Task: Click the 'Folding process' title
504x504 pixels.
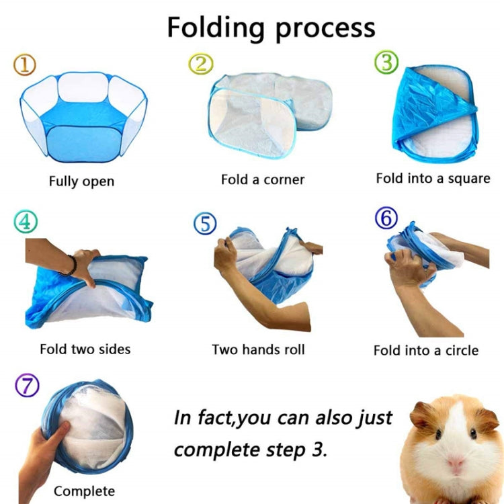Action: [x=271, y=28]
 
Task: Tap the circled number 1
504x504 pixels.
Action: [x=25, y=65]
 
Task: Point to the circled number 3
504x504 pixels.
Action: [x=386, y=62]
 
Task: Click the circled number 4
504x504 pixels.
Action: [x=25, y=222]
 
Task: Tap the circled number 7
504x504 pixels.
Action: [x=27, y=386]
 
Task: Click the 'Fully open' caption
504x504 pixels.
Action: [x=81, y=181]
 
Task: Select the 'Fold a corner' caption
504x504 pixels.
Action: [x=263, y=179]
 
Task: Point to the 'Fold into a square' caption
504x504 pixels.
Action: [x=433, y=179]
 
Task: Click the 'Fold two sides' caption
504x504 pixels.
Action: [x=85, y=349]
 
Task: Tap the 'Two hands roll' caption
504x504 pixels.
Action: [x=258, y=349]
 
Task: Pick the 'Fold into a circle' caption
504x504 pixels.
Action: [x=426, y=350]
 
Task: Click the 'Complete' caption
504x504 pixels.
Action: [x=84, y=491]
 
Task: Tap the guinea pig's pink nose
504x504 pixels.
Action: [x=457, y=465]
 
